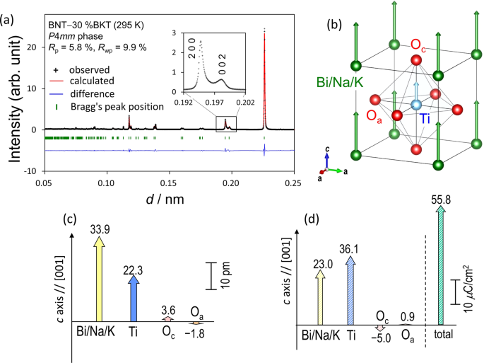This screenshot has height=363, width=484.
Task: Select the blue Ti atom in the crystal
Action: [x=416, y=105]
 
